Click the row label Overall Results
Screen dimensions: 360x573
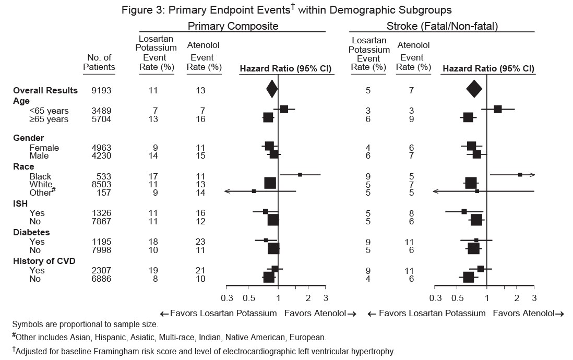[45, 90]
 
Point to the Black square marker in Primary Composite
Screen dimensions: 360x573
[300, 174]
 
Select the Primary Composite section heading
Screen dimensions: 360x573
[233, 26]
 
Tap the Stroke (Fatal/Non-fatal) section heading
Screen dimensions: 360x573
[441, 26]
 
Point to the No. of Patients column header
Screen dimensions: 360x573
[99, 62]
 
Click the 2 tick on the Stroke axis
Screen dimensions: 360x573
[517, 298]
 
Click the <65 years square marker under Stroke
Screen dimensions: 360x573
[497, 109]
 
